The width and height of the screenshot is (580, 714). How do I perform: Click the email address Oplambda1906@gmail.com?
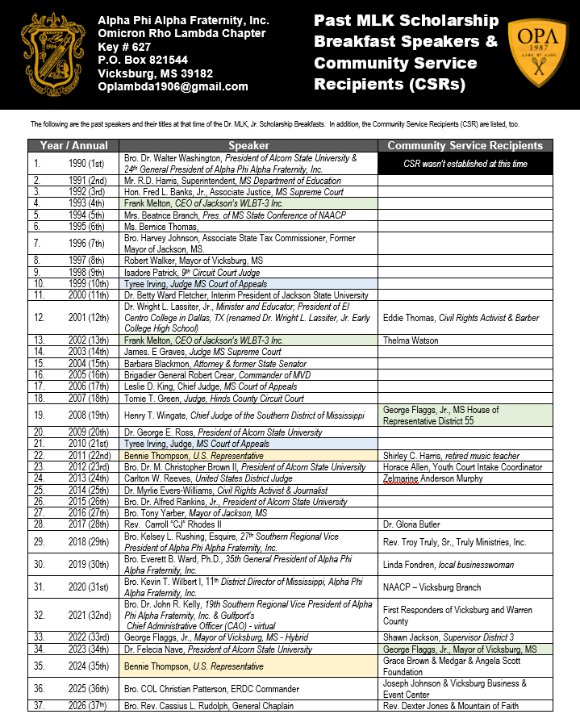coord(173,86)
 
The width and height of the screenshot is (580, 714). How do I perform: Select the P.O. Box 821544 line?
coord(143,60)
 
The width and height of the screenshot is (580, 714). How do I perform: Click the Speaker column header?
coord(248,146)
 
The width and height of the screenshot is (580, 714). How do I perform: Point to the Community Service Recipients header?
coord(465,146)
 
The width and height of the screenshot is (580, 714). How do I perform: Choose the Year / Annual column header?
coord(73,146)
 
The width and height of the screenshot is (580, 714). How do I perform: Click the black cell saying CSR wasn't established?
coord(465,164)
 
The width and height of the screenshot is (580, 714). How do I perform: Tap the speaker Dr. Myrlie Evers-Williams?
coord(225,490)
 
